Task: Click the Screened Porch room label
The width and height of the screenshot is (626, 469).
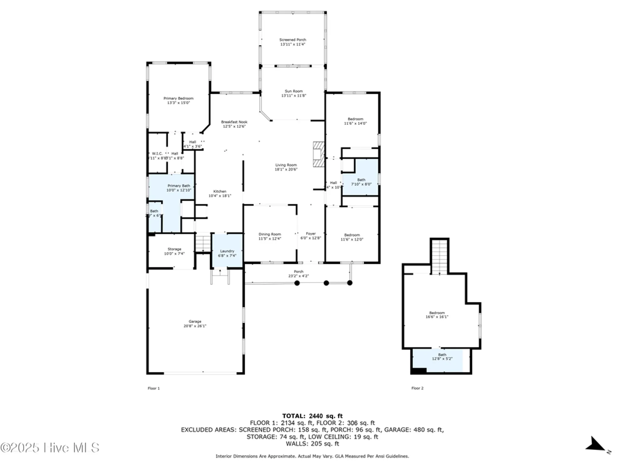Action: click(x=293, y=40)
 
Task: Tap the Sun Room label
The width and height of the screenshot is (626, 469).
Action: click(x=294, y=91)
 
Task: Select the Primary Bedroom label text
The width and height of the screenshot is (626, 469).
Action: click(x=178, y=98)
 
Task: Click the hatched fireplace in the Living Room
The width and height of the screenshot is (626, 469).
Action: click(x=319, y=154)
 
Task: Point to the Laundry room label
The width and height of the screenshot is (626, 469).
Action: click(x=227, y=251)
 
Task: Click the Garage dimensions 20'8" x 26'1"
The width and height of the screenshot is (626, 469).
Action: click(x=195, y=326)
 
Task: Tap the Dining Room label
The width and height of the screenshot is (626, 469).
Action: click(x=269, y=234)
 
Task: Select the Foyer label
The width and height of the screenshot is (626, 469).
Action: click(x=311, y=234)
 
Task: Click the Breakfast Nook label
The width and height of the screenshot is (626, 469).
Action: click(x=234, y=122)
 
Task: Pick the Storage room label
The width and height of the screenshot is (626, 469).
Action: click(x=174, y=249)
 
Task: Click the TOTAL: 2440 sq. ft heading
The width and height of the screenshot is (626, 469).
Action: click(x=312, y=416)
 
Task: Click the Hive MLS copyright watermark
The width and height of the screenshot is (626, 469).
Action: click(x=50, y=448)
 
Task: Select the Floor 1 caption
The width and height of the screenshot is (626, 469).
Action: click(x=154, y=388)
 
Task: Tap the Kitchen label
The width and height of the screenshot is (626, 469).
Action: click(x=220, y=191)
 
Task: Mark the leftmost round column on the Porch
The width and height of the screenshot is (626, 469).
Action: click(x=297, y=283)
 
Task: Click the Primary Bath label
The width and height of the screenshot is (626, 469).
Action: click(x=178, y=186)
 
